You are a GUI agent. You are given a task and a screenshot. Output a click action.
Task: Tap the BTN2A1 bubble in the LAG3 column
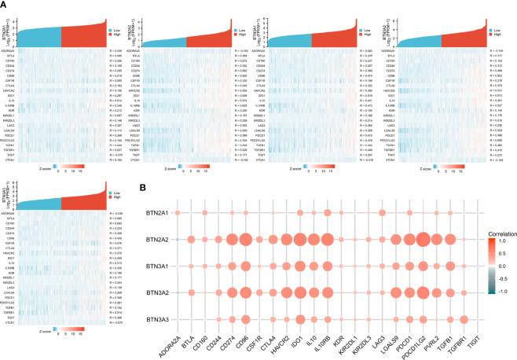click(x=382, y=213)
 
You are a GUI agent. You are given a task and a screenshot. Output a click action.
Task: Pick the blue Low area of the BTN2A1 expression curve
click(x=43, y=36)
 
